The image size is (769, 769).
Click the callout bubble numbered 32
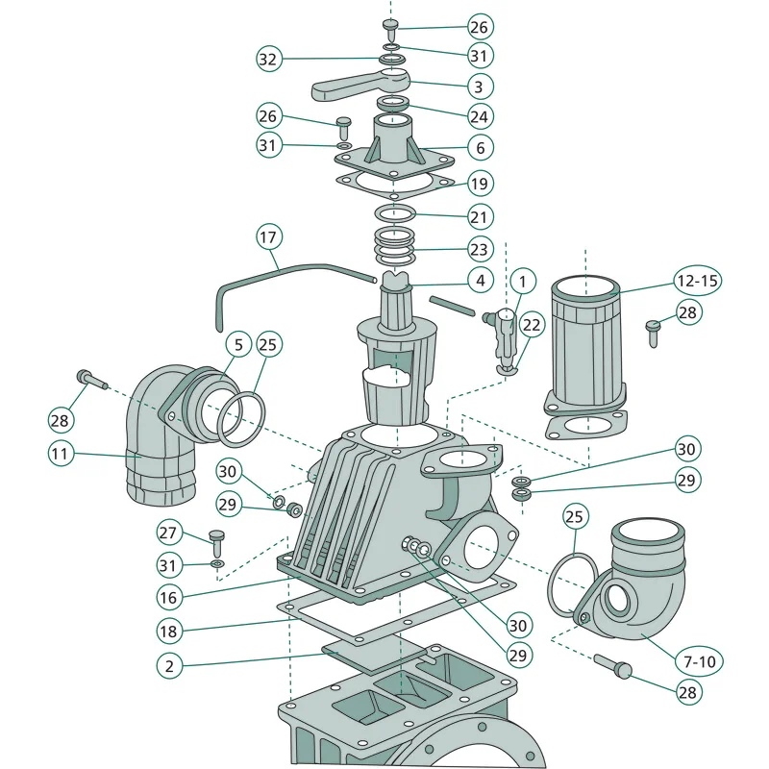tap(268, 59)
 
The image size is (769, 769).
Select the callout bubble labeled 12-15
tap(697, 281)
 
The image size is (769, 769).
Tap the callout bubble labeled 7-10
tap(700, 661)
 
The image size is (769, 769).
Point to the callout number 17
tap(268, 237)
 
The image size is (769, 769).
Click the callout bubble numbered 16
tap(168, 597)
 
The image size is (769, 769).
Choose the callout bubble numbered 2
tap(169, 666)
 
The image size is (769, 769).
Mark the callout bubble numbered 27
tap(168, 533)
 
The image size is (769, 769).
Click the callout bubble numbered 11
tap(61, 453)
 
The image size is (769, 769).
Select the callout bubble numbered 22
tap(532, 324)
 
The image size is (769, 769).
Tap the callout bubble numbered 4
tap(480, 280)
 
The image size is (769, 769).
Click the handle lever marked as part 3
tap(360, 86)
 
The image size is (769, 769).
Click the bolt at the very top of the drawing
tap(391, 30)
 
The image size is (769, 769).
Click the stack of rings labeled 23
tap(395, 246)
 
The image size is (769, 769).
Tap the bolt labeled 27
tap(216, 542)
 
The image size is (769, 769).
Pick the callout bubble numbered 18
tap(168, 632)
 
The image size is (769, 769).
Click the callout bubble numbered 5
tap(238, 344)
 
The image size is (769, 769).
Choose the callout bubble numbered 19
tap(479, 184)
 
